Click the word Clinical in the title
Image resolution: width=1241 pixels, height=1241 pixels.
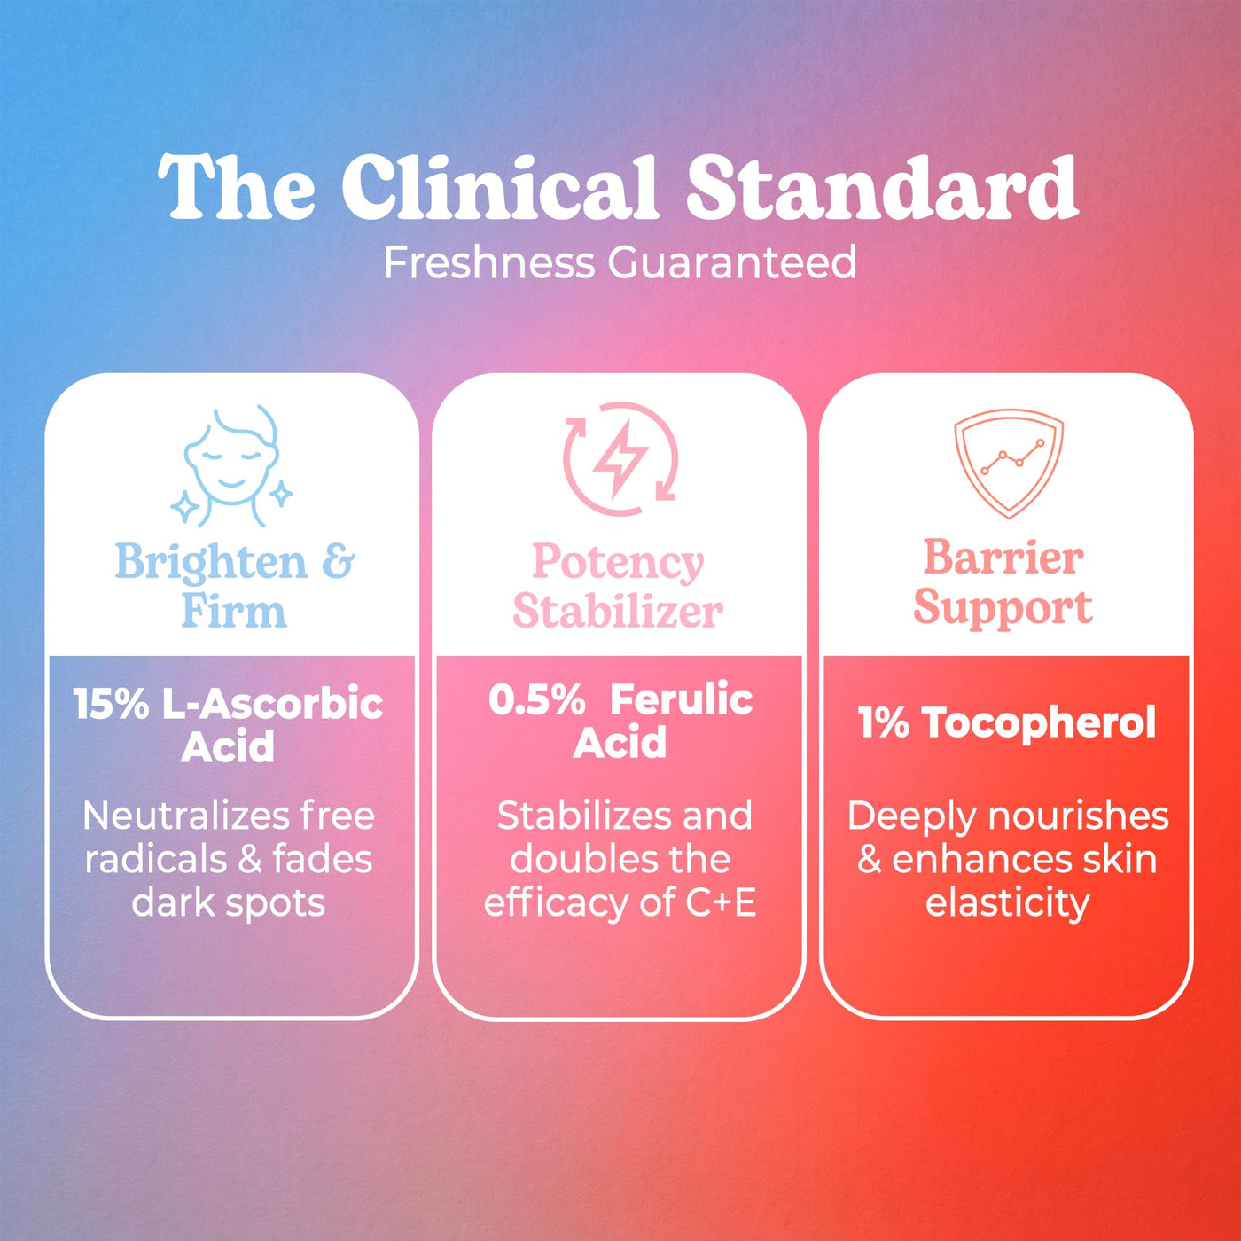[x=500, y=188]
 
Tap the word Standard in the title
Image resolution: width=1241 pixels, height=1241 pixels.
[x=882, y=188]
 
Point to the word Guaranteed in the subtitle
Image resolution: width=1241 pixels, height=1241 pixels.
[x=732, y=262]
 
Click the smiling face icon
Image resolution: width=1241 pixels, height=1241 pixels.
[x=232, y=465]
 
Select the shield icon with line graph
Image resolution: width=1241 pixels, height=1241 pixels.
[x=1009, y=463]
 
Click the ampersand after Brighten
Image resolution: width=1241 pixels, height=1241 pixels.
[x=338, y=562]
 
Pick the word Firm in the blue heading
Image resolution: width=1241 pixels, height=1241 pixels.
[x=234, y=611]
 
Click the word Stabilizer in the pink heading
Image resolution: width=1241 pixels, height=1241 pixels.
[x=618, y=611]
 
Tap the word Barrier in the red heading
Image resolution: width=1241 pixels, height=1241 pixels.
[x=1003, y=557]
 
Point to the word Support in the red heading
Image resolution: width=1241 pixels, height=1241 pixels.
[x=1003, y=607]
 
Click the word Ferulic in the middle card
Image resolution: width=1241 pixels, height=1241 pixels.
[x=682, y=699]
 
